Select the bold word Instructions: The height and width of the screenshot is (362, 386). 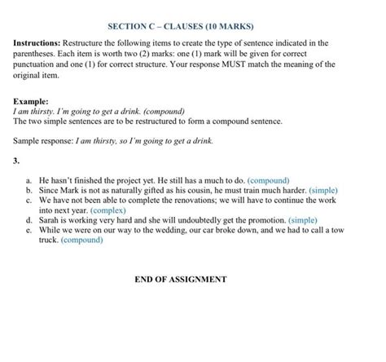coord(39,42)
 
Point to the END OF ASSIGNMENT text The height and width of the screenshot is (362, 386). coord(181,279)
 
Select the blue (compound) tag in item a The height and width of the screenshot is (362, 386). coord(268,179)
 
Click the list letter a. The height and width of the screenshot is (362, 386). coord(29,179)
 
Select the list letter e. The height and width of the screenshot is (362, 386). coord(29,231)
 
